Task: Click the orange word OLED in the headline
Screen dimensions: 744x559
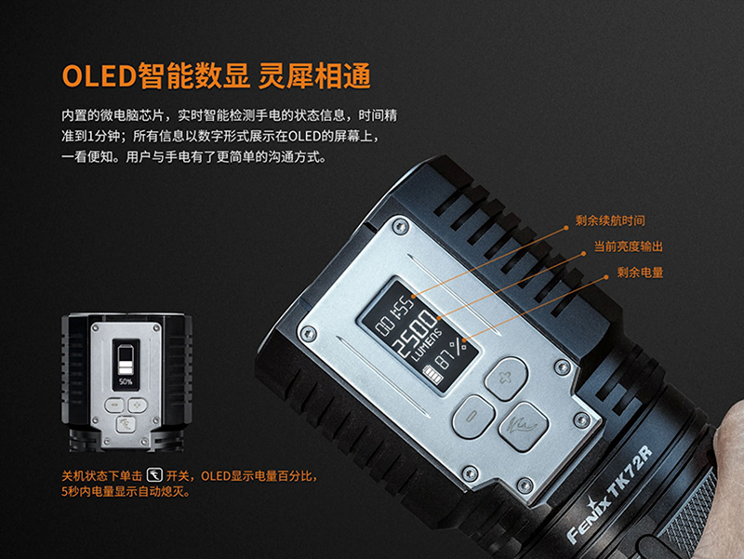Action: pos(100,76)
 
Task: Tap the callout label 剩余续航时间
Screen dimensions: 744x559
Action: pos(610,220)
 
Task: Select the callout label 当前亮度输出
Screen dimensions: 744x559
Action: pos(629,246)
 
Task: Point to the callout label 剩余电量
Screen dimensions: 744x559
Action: pos(640,273)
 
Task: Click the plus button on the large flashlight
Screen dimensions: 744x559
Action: pos(506,379)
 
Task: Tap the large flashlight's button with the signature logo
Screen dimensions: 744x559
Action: pos(524,425)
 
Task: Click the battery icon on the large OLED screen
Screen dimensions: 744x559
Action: pos(432,375)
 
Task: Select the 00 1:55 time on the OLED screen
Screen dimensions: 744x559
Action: pos(394,314)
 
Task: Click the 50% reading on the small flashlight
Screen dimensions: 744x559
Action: pos(126,381)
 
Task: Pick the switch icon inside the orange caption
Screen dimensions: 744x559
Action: pos(154,474)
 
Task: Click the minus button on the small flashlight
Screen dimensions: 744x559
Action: pos(114,406)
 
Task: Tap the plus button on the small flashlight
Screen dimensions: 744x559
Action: pos(138,406)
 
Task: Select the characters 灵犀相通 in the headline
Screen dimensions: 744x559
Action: pos(314,76)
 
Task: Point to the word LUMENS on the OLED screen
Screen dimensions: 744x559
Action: pos(426,344)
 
